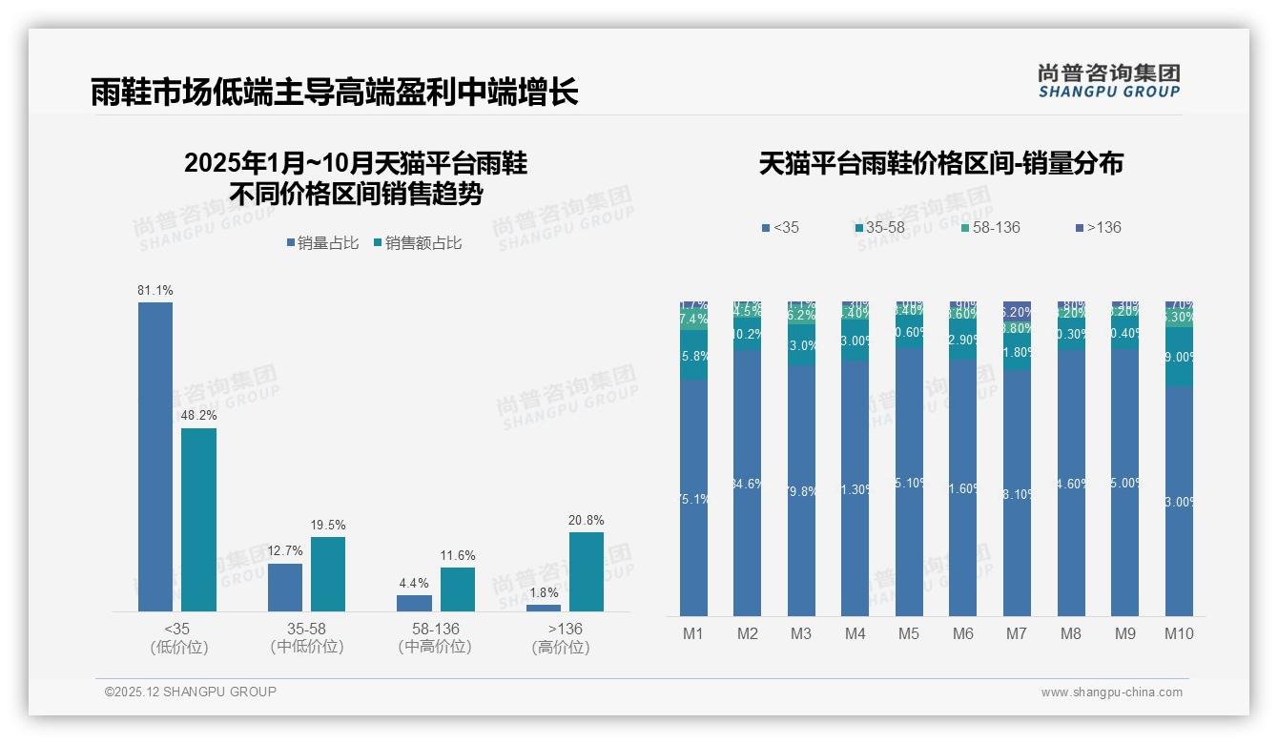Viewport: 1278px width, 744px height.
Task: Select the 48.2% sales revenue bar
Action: (x=199, y=519)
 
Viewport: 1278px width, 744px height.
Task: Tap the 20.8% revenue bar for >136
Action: (x=587, y=571)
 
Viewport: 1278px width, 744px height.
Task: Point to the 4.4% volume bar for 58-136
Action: (x=414, y=603)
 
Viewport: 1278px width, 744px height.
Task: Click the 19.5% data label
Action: (x=328, y=525)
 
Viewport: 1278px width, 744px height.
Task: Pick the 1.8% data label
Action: (x=544, y=592)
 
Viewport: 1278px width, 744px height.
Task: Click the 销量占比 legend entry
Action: (x=322, y=243)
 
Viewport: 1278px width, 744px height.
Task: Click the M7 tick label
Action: (x=1017, y=633)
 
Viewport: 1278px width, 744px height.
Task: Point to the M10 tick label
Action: (x=1179, y=633)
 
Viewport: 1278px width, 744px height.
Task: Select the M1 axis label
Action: (x=693, y=633)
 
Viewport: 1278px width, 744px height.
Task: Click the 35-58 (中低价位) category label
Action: (x=307, y=637)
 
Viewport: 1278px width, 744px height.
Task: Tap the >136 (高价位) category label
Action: (x=565, y=637)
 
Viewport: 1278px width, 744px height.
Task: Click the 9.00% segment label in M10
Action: (x=1180, y=357)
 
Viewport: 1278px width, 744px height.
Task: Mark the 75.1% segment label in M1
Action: (x=693, y=498)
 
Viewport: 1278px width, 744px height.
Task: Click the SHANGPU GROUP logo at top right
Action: (x=1108, y=81)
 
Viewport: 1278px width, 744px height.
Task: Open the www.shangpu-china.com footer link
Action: (x=1111, y=692)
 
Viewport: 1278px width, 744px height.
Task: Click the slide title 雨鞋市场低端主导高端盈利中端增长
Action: (x=334, y=93)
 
